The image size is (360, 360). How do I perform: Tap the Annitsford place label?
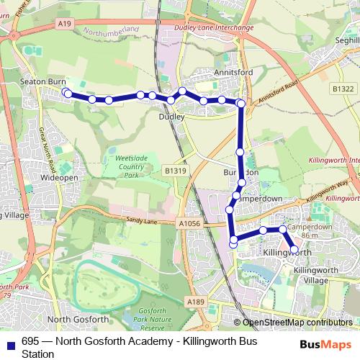[x=231, y=73]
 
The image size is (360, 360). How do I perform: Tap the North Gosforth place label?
[x=77, y=319]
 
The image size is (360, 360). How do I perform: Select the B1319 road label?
[x=175, y=171]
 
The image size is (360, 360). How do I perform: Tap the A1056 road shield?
[x=189, y=224]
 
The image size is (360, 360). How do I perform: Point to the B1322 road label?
[x=343, y=87]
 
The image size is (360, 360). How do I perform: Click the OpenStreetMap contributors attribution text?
[x=297, y=323]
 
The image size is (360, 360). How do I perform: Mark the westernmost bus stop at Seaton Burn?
[x=66, y=93]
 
